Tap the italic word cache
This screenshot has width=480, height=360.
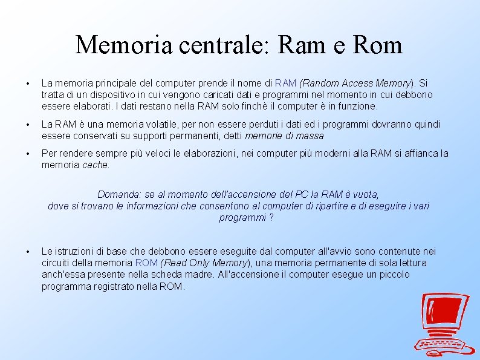96,165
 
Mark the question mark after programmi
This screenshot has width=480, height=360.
271,218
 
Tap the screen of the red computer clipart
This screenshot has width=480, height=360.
446,314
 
